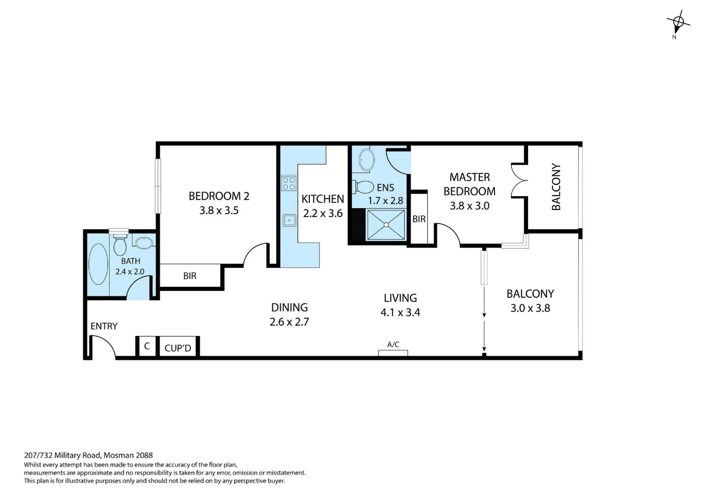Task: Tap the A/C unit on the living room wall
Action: [x=393, y=353]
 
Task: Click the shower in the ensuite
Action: [x=386, y=225]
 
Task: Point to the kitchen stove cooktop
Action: [x=289, y=183]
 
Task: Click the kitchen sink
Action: [x=289, y=220]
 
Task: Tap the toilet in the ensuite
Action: [x=364, y=187]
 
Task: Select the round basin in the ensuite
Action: [x=366, y=160]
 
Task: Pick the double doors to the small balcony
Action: [x=519, y=180]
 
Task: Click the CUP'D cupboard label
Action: [x=178, y=348]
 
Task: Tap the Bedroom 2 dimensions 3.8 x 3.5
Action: [x=219, y=210]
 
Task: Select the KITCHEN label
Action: [x=322, y=199]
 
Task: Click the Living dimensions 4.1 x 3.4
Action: [x=400, y=312]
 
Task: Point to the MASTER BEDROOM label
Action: [x=469, y=184]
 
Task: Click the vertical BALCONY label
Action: [x=556, y=187]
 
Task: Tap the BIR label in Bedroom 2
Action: [x=190, y=276]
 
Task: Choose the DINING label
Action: [x=289, y=307]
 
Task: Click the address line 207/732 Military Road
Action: [x=88, y=456]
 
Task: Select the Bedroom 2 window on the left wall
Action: [x=158, y=186]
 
